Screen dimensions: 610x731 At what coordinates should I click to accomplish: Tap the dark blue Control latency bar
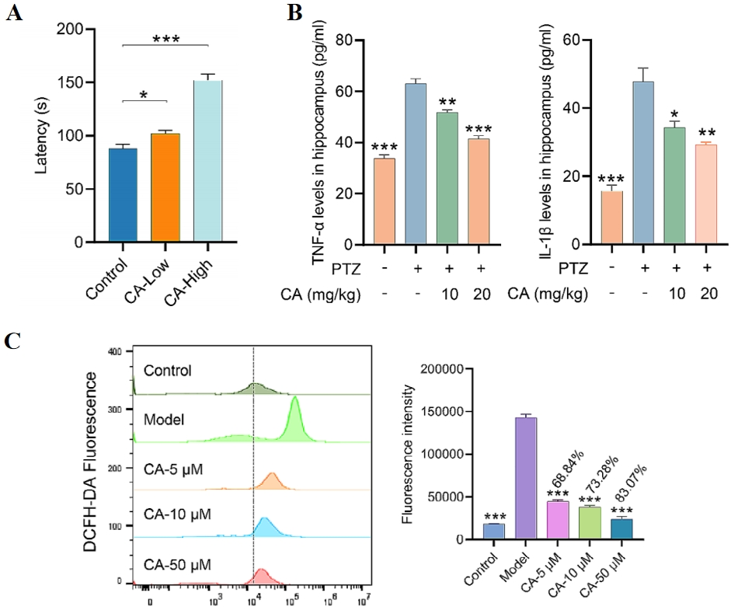point(123,194)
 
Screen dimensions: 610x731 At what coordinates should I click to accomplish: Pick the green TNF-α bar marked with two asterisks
point(446,178)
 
